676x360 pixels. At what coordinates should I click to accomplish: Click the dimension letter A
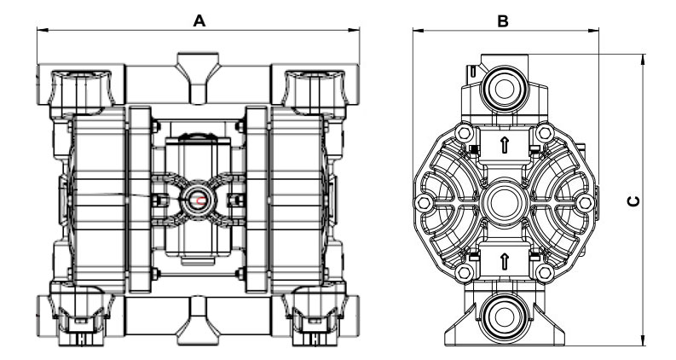click(x=199, y=21)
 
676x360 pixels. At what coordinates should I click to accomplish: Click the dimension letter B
click(x=504, y=21)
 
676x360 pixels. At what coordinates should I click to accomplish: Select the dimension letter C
click(x=633, y=200)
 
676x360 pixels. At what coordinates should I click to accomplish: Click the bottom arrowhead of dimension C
click(x=641, y=342)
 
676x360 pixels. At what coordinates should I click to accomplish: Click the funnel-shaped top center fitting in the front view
click(x=197, y=70)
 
